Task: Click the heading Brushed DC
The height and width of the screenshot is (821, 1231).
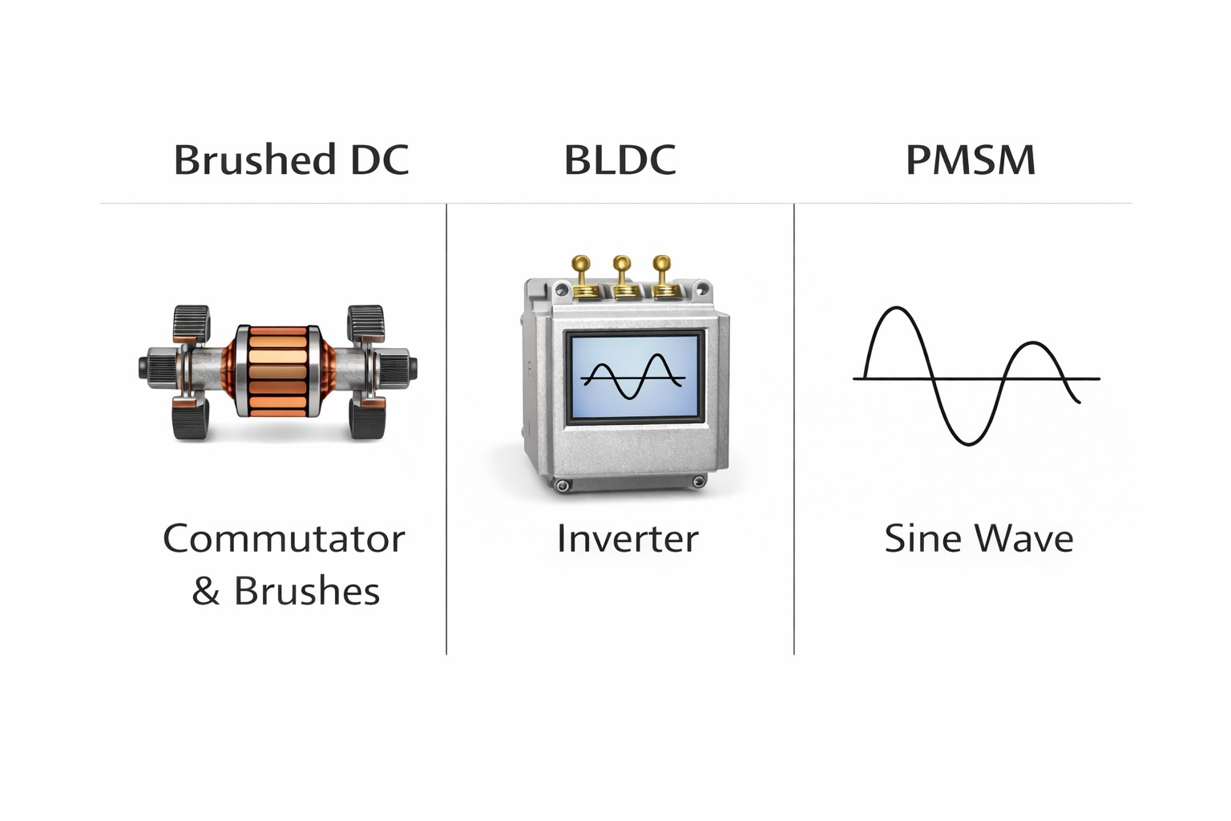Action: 291,160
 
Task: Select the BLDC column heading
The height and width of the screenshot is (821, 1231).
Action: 620,160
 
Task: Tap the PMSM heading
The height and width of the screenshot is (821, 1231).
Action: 971,160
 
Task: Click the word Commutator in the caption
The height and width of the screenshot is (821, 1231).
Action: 284,539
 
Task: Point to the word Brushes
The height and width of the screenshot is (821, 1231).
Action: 307,592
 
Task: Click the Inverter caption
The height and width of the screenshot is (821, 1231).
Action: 628,539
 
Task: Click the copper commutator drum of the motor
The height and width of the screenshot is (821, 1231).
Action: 276,370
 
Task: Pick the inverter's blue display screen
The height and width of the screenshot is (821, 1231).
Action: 634,376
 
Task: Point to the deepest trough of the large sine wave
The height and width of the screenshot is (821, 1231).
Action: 968,443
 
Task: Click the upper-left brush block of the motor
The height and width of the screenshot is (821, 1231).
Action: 191,322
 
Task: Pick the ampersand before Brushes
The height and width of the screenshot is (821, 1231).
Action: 205,592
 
